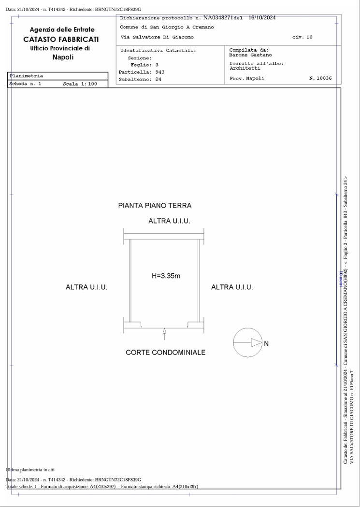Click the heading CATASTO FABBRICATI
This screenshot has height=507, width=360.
(x=61, y=39)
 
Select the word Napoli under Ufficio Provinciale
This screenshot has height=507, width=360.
(x=63, y=57)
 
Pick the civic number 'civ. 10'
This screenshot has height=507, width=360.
(x=302, y=37)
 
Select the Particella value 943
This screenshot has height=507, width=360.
(x=160, y=72)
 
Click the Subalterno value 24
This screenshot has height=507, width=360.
(x=158, y=79)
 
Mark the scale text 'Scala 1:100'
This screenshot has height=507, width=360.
(x=80, y=84)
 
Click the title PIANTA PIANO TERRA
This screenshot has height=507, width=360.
(x=155, y=206)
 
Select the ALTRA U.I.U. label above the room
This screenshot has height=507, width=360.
(x=169, y=221)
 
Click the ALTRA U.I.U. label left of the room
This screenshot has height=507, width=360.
(x=86, y=287)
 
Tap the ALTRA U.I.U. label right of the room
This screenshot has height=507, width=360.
(x=232, y=287)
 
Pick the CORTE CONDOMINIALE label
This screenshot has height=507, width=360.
(x=165, y=352)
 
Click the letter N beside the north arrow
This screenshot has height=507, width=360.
(x=266, y=343)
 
